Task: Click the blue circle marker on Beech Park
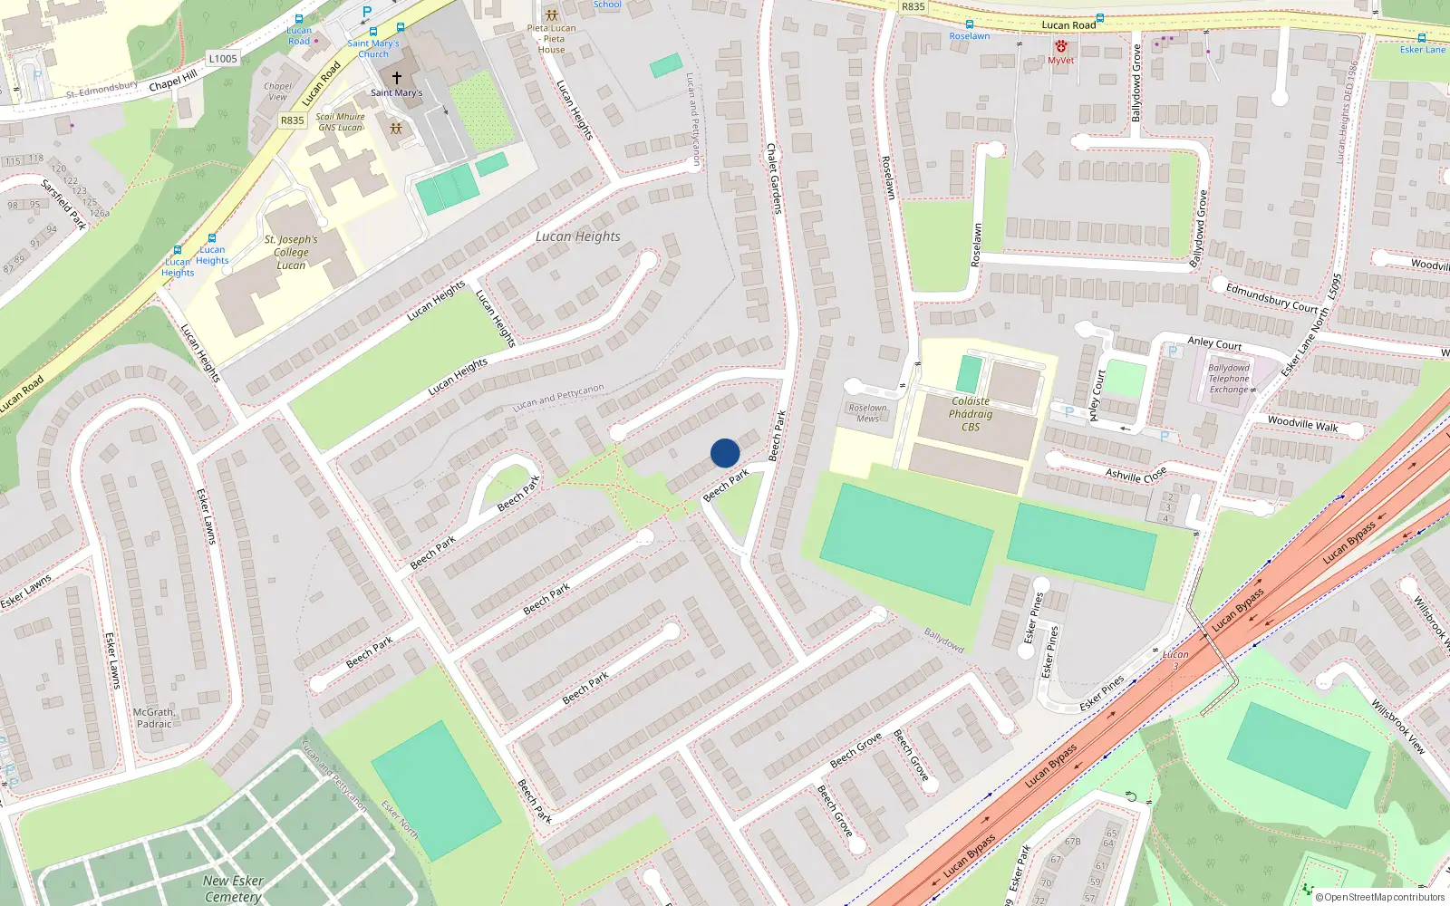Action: (x=725, y=453)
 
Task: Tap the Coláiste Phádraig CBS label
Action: (x=971, y=414)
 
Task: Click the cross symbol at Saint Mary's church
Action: (x=396, y=78)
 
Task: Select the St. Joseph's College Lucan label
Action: (x=291, y=253)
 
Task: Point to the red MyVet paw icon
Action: (x=1060, y=46)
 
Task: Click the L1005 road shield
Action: (x=223, y=59)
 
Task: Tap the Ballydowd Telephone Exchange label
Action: (x=1229, y=379)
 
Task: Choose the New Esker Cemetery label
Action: (x=233, y=888)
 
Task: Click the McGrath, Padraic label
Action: (x=154, y=718)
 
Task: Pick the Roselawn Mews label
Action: (x=867, y=413)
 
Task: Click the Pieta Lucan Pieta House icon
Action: (x=551, y=15)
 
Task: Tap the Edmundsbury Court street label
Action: (x=1271, y=298)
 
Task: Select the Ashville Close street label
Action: (x=1136, y=475)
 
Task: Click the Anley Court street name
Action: (x=1214, y=343)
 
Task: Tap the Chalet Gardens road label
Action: (x=774, y=178)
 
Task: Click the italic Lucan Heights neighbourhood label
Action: (x=578, y=236)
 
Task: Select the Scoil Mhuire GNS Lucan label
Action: (x=340, y=122)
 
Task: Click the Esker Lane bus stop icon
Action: (x=1421, y=38)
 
